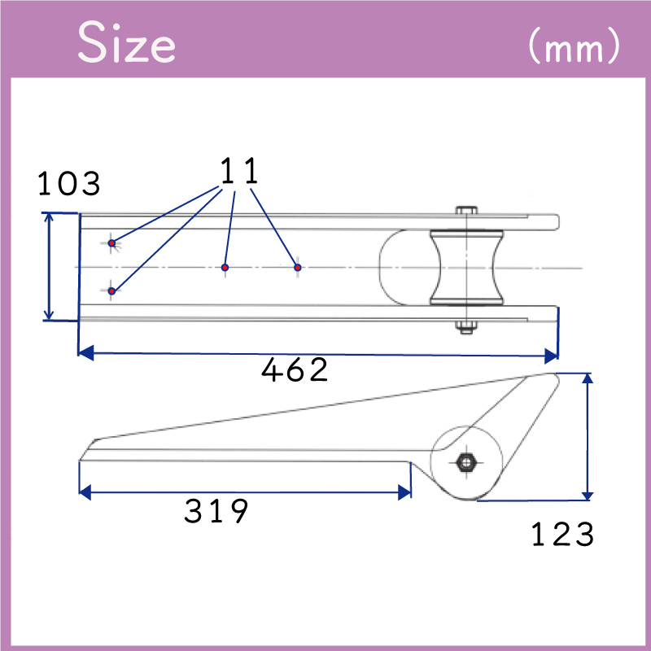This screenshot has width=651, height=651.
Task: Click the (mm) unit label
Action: (x=573, y=47)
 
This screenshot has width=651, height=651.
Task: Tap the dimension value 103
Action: (x=69, y=184)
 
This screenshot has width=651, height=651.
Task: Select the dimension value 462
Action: (x=295, y=371)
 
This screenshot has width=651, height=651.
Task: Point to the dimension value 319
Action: (x=216, y=512)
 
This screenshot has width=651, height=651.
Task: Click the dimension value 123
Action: (x=562, y=535)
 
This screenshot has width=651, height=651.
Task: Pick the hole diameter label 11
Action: (x=239, y=172)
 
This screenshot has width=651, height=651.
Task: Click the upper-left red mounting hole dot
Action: (x=112, y=242)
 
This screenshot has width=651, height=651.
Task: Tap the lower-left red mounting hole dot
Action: (x=112, y=291)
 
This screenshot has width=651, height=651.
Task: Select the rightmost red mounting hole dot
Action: (x=298, y=267)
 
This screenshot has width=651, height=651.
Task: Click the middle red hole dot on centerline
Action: (x=225, y=267)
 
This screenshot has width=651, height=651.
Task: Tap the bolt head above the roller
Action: (x=465, y=209)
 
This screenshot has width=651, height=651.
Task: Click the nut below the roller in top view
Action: (x=465, y=328)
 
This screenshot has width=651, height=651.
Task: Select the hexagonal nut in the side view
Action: (x=467, y=462)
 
